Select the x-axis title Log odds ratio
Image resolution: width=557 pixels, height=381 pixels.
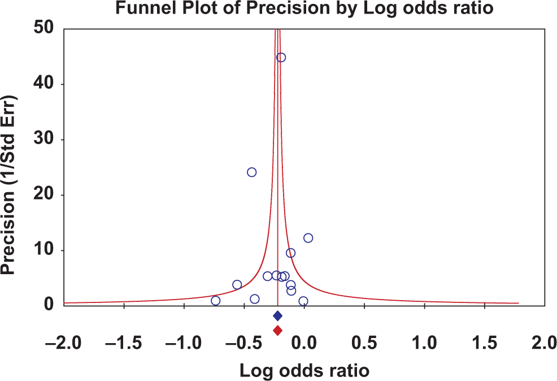(x=305, y=371)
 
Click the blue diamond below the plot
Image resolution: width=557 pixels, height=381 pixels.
(x=277, y=315)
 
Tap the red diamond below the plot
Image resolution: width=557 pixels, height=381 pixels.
(x=277, y=330)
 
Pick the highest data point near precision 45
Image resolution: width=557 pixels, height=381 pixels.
(x=281, y=58)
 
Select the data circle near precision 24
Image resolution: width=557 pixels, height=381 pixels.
(x=252, y=172)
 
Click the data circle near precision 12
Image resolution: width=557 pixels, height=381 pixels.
(x=308, y=238)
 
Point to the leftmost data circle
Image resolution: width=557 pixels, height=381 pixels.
(x=215, y=301)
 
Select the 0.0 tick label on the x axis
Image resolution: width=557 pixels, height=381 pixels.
(x=304, y=344)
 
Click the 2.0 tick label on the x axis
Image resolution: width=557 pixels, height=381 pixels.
(x=543, y=344)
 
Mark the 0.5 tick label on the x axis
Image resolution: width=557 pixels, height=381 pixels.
(x=365, y=344)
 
